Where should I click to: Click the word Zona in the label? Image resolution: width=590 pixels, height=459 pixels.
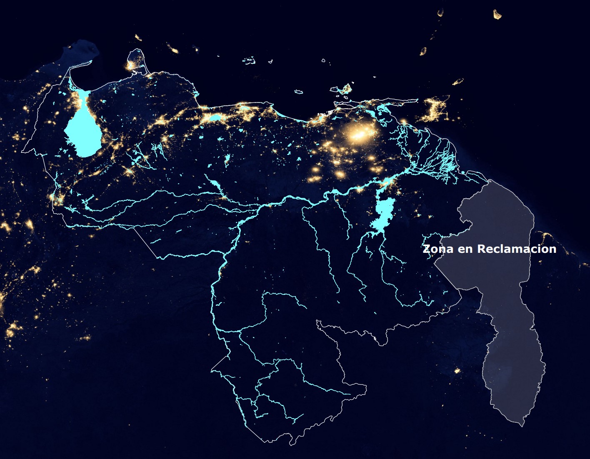coord(437,249)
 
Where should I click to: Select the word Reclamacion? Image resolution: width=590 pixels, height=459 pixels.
coord(517,249)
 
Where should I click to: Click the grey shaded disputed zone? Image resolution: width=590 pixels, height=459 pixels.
coord(500,292)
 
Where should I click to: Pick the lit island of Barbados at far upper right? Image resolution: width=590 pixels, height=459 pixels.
coord(497,15)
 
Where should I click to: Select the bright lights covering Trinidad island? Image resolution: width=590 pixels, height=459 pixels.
coord(435,109)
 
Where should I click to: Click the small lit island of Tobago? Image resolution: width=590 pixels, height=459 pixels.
coord(458,81)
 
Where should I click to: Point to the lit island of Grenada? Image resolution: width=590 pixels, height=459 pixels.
coord(423,51)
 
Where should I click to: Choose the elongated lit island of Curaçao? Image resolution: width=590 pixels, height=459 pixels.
coord(172,48)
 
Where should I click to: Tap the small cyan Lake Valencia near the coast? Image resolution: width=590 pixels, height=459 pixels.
coord(215,118)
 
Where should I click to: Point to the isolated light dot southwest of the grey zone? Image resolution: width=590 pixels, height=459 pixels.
coord(457,370)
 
